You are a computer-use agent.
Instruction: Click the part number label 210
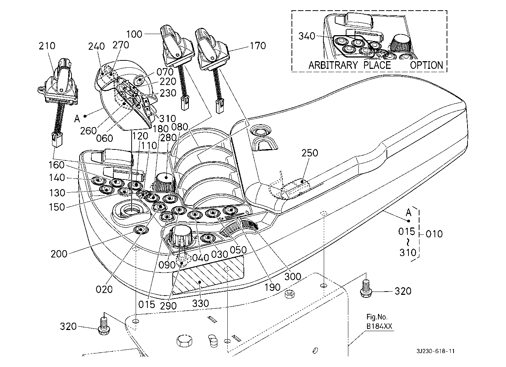coord(47,46)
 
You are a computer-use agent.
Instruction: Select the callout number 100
coord(134,34)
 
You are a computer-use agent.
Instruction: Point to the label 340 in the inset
coord(307,36)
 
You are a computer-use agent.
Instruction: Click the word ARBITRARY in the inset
coord(333,65)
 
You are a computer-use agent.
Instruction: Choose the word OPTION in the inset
coord(426,65)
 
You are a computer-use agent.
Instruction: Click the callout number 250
coord(310,153)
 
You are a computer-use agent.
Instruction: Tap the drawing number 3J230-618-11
coord(436,351)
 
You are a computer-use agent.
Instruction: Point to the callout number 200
coord(59,253)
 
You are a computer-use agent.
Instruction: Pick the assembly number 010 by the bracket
coord(434,234)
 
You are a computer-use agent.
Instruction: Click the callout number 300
coord(293,276)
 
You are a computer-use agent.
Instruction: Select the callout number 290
coord(168,305)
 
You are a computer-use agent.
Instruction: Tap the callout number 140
coord(56,178)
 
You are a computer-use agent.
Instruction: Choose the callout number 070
coord(165,72)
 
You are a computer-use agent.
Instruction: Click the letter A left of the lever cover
coord(77,119)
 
